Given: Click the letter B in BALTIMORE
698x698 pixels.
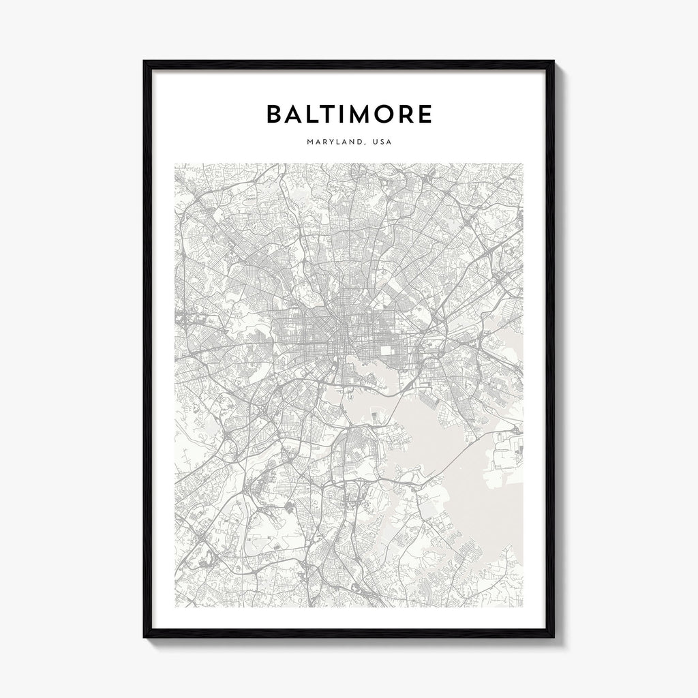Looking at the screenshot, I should [275, 114].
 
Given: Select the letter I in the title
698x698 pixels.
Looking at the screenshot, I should [352, 114].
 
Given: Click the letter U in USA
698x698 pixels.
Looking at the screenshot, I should [374, 142].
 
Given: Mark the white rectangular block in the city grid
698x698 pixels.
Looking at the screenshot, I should [388, 350].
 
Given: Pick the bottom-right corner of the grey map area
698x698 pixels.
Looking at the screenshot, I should [523, 588].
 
